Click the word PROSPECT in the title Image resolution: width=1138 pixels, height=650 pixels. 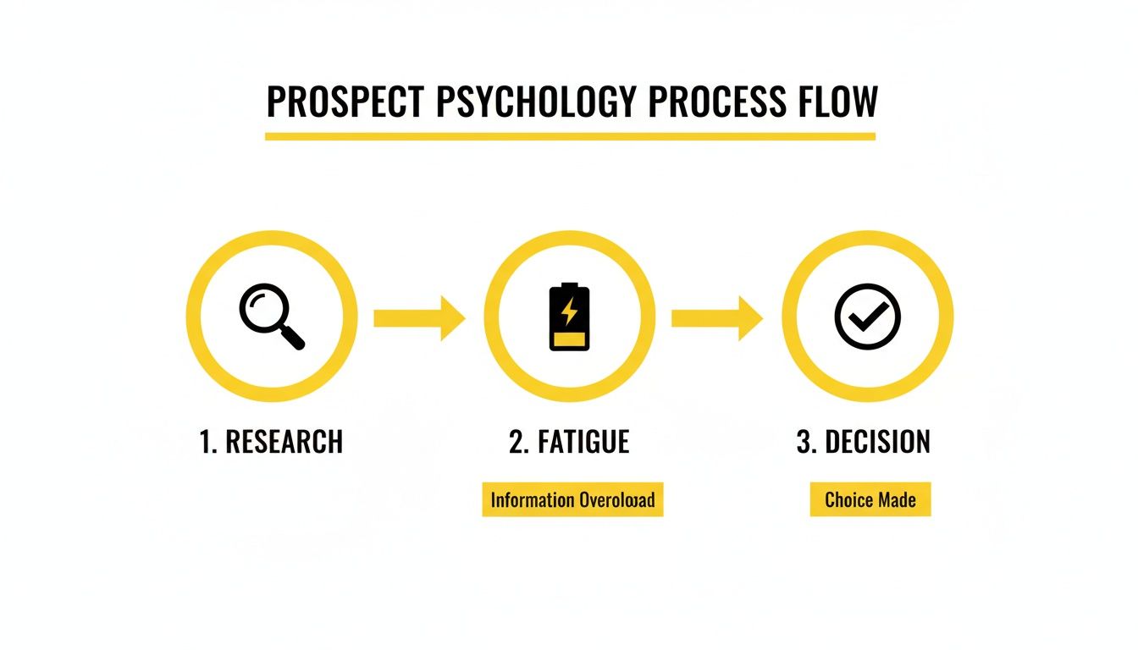tap(345, 102)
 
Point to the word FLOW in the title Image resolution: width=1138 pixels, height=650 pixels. tap(837, 102)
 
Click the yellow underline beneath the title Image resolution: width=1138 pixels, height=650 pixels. tap(569, 135)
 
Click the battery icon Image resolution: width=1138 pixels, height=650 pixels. tap(570, 317)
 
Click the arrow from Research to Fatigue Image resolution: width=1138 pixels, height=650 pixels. tap(419, 317)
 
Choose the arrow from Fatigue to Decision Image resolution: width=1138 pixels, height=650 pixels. tap(716, 317)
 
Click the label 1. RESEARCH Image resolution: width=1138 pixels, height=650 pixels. tap(271, 442)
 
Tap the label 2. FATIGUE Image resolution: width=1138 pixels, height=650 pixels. tap(569, 442)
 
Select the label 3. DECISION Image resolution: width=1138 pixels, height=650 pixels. tap(864, 442)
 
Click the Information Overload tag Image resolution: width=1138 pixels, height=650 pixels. tap(572, 500)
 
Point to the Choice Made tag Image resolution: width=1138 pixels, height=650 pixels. tap(870, 500)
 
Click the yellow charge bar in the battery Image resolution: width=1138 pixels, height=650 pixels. tap(570, 339)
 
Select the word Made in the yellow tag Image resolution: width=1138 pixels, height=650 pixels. tap(896, 500)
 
